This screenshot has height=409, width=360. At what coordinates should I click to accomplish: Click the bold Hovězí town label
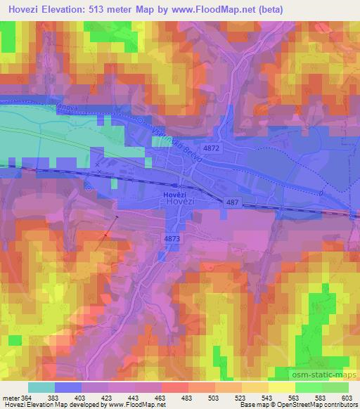[174, 193]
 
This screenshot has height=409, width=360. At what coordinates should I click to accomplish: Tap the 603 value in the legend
[348, 398]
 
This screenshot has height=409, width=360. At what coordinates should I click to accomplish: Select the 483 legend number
[187, 398]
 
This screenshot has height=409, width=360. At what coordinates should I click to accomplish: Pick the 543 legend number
[267, 398]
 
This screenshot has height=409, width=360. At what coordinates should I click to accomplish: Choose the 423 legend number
[108, 398]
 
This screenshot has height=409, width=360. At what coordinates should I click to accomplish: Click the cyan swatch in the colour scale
[41, 387]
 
